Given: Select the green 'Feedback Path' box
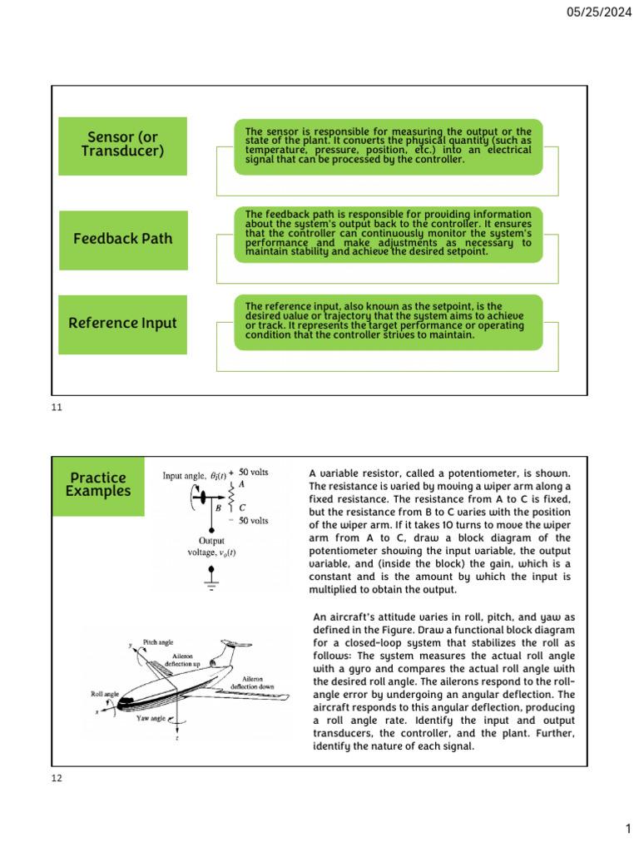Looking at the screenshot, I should click(x=122, y=239).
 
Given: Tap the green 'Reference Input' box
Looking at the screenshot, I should click(x=122, y=323).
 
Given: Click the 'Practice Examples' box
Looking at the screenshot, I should click(x=98, y=484).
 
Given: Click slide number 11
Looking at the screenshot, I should click(x=57, y=409).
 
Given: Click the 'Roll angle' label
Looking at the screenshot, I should click(x=106, y=692).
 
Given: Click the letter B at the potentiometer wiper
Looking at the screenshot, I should click(x=218, y=504).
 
